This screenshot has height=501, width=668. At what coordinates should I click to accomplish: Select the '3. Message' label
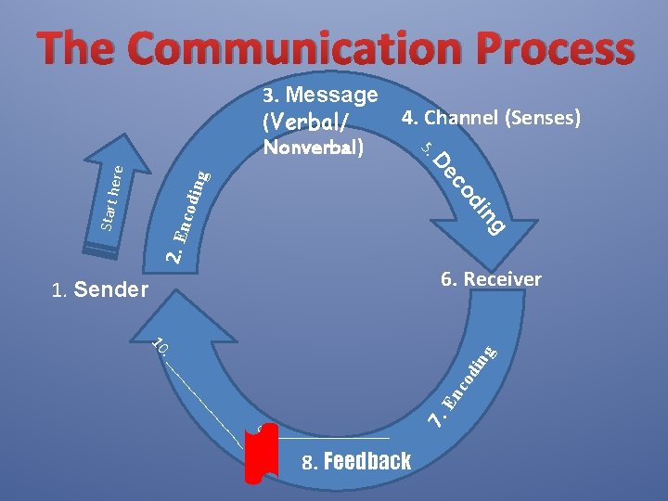320,95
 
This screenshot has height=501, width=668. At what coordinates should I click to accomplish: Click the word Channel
461,118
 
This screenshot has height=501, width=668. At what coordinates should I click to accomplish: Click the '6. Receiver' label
491,278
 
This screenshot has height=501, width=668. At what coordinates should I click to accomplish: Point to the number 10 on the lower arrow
159,347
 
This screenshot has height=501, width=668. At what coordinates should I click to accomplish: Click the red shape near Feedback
263,455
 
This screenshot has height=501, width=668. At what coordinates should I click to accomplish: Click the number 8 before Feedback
308,461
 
